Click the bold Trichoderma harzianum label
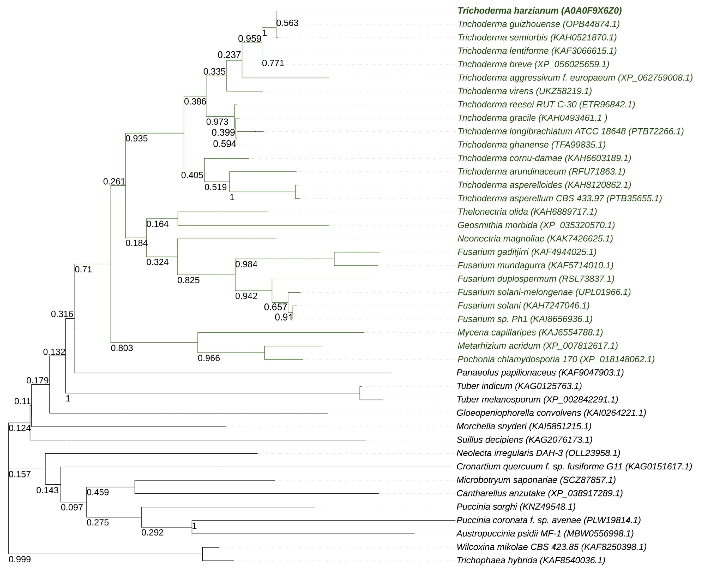539,11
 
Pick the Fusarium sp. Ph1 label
525,319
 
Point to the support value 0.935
136,138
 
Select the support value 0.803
122,348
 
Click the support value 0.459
98,492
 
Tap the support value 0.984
246,264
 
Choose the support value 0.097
72,507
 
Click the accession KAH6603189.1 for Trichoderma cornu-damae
598,158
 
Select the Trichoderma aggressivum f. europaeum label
575,78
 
